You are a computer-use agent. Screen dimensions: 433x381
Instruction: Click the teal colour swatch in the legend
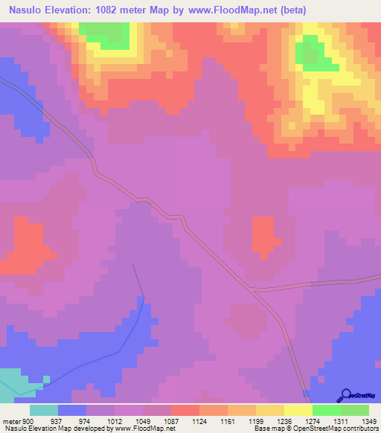43,410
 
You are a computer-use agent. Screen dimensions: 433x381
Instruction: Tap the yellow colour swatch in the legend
298,410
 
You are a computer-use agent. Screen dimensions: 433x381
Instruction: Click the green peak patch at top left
104,33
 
